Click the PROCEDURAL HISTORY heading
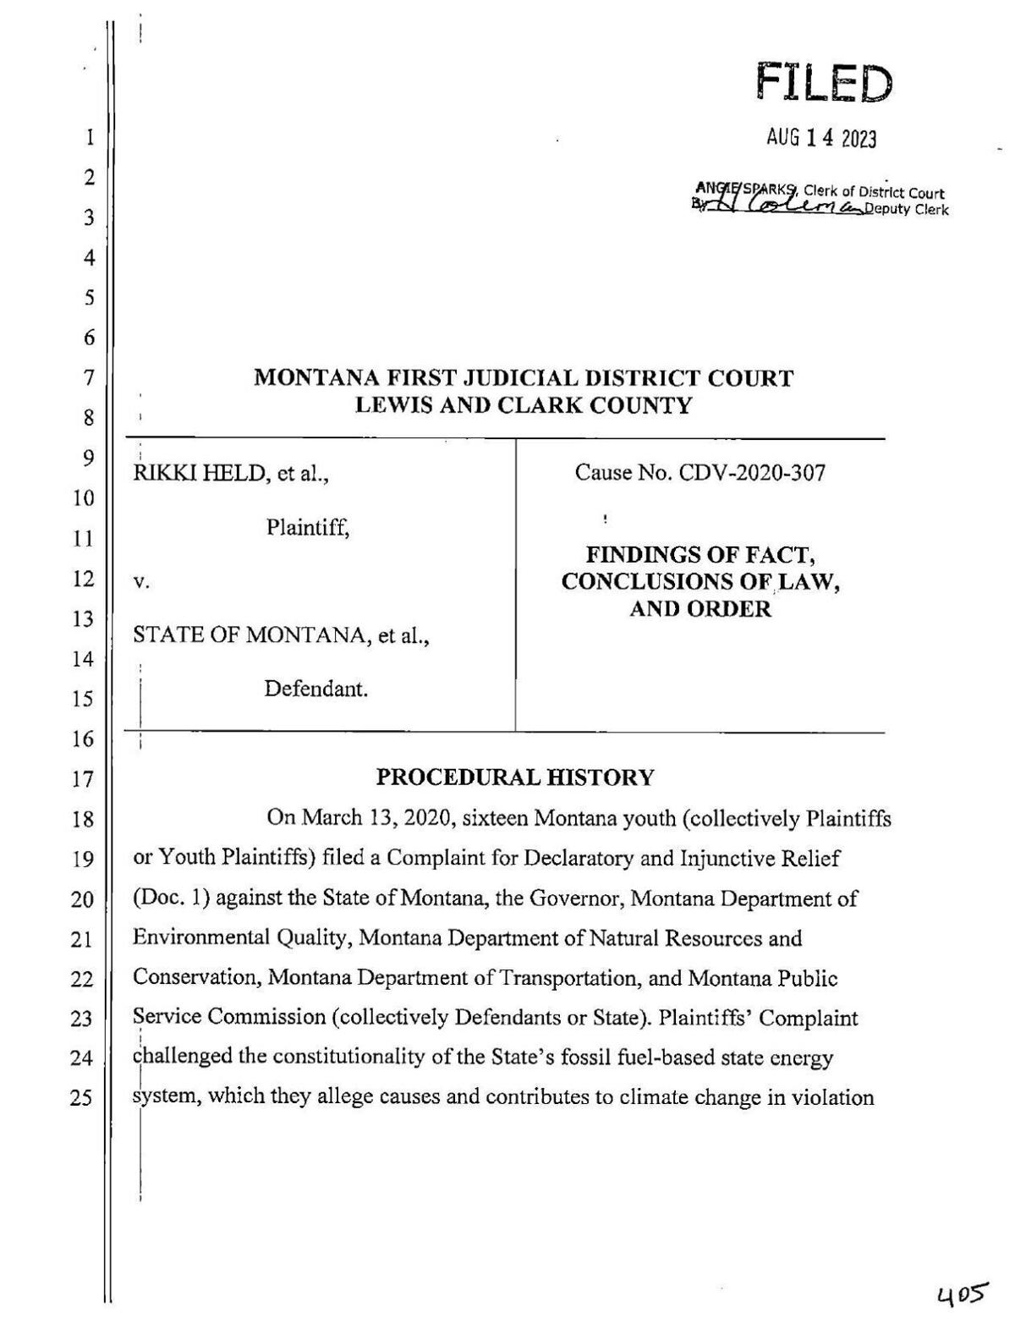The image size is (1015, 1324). pyautogui.click(x=514, y=777)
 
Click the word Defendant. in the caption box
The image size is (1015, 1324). pyautogui.click(x=316, y=689)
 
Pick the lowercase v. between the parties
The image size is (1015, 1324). pyautogui.click(x=141, y=582)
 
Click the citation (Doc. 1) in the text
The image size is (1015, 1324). pyautogui.click(x=171, y=898)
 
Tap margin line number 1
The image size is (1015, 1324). pyautogui.click(x=88, y=138)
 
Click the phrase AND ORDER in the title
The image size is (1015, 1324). pyautogui.click(x=700, y=609)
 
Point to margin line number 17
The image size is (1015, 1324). pyautogui.click(x=81, y=779)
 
